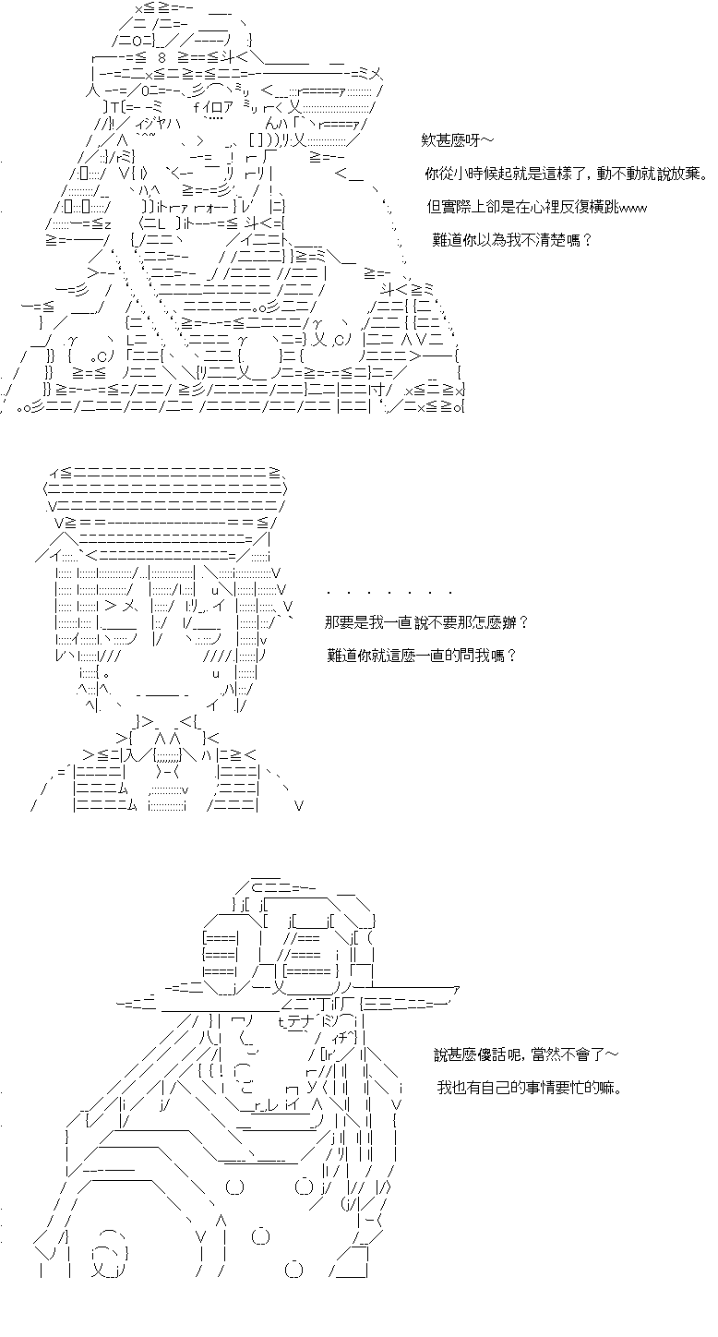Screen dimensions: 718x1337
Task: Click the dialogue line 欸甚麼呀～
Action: [457, 141]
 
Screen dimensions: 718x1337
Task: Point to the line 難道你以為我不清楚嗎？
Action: [512, 241]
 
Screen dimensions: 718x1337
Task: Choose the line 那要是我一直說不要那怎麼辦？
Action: [426, 622]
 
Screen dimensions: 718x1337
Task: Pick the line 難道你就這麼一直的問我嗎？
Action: [422, 656]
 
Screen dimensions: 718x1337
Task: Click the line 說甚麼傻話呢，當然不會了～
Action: [526, 1054]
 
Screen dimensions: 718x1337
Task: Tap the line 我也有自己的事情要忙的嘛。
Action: [530, 1087]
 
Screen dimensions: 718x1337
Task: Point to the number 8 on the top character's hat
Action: [162, 58]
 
